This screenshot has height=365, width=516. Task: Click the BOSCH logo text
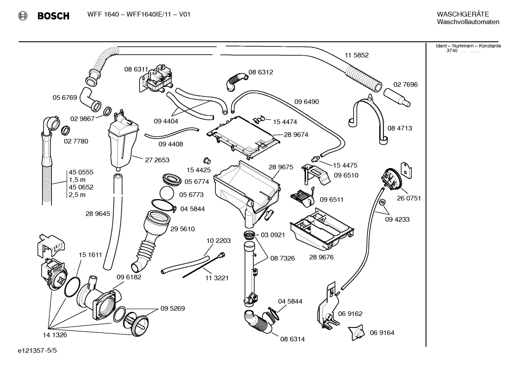[53, 16]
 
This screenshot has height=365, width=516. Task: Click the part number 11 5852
[356, 55]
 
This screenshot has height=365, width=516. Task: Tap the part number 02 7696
[405, 85]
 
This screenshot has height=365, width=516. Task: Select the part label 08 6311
[136, 69]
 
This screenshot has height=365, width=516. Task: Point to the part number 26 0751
[409, 198]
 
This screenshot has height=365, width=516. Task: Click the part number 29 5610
[182, 229]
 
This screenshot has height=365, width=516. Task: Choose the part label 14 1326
[55, 335]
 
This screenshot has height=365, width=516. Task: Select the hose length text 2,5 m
[77, 195]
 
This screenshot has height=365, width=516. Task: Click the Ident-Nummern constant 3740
[452, 51]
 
